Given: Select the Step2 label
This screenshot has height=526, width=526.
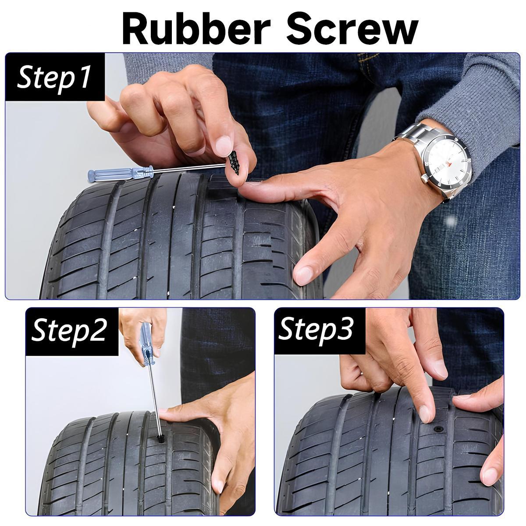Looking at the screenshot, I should tap(69, 331).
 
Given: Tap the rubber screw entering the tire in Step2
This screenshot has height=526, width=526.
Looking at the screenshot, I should tap(160, 437).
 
